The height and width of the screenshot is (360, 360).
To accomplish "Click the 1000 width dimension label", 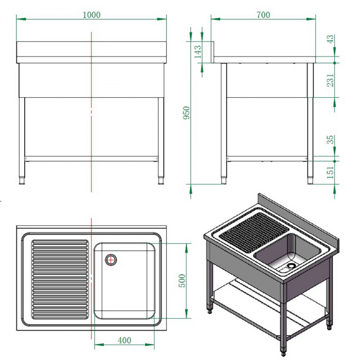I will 92,15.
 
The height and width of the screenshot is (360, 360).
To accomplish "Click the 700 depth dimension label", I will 263,15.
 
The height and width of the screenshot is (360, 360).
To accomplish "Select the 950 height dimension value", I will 187,113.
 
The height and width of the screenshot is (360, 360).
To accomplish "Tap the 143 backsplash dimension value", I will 198,52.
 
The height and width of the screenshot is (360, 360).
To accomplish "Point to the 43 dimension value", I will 331,39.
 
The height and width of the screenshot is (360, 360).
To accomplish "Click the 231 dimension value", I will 331,79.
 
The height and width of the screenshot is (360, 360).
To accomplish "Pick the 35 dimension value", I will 331,139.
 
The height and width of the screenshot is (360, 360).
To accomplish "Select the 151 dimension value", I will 331,172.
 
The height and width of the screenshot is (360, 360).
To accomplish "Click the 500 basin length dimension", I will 181,280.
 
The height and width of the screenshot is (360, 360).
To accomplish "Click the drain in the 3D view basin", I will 292,266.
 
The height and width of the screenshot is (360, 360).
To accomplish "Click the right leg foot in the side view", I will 310,179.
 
